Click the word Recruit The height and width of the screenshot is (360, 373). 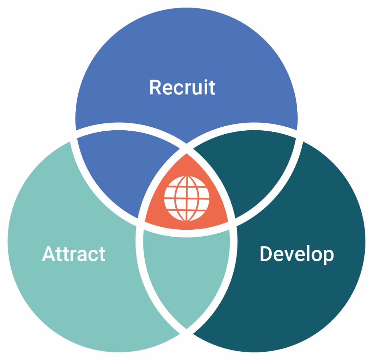click(x=182, y=87)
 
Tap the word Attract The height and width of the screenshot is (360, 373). click(x=74, y=254)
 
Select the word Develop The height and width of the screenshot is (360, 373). click(x=297, y=254)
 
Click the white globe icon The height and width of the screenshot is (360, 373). click(x=186, y=198)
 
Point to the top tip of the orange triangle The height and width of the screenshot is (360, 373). click(x=186, y=154)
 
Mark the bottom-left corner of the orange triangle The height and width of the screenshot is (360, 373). click(x=146, y=221)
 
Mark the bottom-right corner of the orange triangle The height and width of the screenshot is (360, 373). click(x=228, y=221)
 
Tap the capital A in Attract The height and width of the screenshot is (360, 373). click(x=49, y=254)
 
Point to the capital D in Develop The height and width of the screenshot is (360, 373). click(x=267, y=254)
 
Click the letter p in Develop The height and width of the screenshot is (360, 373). click(x=327, y=256)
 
